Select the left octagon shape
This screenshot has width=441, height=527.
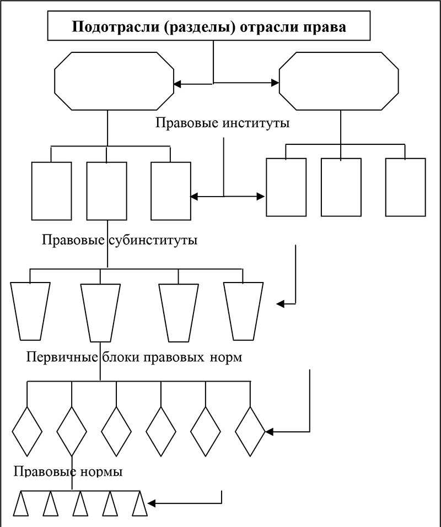coord(113,81)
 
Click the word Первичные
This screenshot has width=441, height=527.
coord(63,357)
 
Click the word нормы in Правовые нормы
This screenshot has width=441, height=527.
coord(101,472)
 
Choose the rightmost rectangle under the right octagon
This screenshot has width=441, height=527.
coord(405,187)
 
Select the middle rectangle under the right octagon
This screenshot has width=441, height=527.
coord(341,187)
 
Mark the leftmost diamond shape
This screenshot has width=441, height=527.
coord(27,431)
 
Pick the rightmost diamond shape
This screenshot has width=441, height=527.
coord(250,431)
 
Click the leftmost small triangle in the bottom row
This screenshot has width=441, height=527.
coord(21,505)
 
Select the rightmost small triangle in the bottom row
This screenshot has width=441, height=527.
coord(140,505)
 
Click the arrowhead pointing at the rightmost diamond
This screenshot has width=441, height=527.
coord(270,432)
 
